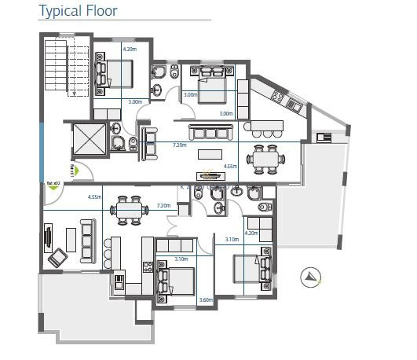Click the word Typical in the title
tap(61, 11)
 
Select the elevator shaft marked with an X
tap(87, 140)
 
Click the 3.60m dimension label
tap(207, 299)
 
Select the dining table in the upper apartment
tap(265, 158)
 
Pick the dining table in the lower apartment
tap(128, 209)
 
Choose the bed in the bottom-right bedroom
tap(251, 270)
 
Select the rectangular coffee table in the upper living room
tap(210, 154)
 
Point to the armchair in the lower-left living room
tap(58, 257)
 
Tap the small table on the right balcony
tap(324, 138)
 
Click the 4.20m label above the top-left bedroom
tap(130, 50)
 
